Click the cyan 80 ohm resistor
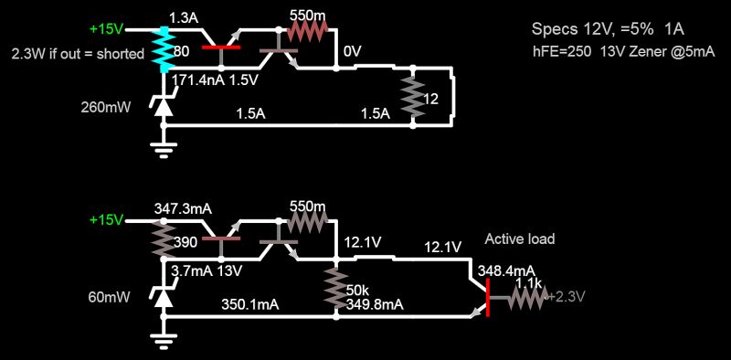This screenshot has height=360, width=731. [163, 49]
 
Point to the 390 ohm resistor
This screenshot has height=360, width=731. [163, 241]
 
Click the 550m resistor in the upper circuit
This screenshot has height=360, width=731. [309, 30]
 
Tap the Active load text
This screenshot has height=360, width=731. [519, 239]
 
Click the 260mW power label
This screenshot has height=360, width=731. [105, 107]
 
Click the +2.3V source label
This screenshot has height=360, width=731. [565, 296]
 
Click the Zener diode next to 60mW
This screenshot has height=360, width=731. [163, 296]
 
